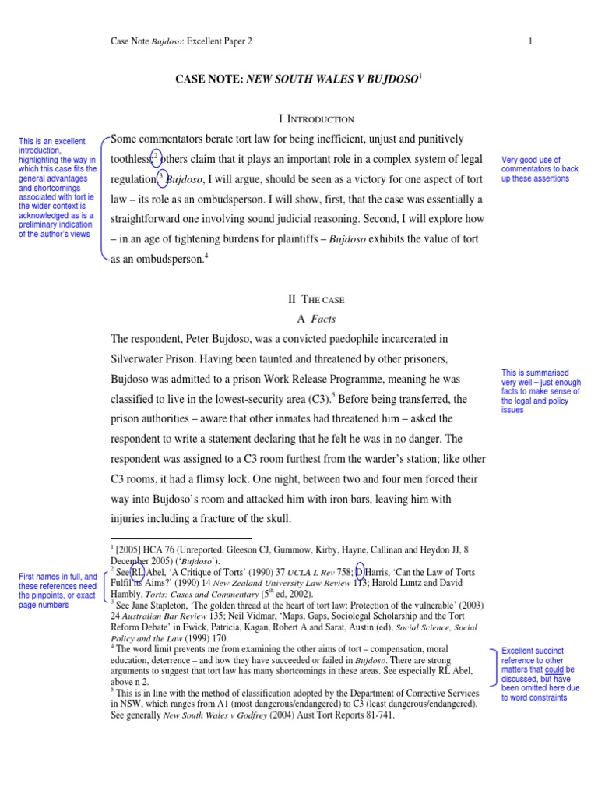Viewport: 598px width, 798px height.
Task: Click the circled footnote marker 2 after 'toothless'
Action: [156, 156]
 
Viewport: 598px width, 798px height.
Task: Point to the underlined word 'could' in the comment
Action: [554, 669]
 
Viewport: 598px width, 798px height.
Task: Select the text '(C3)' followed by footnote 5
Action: [318, 399]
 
